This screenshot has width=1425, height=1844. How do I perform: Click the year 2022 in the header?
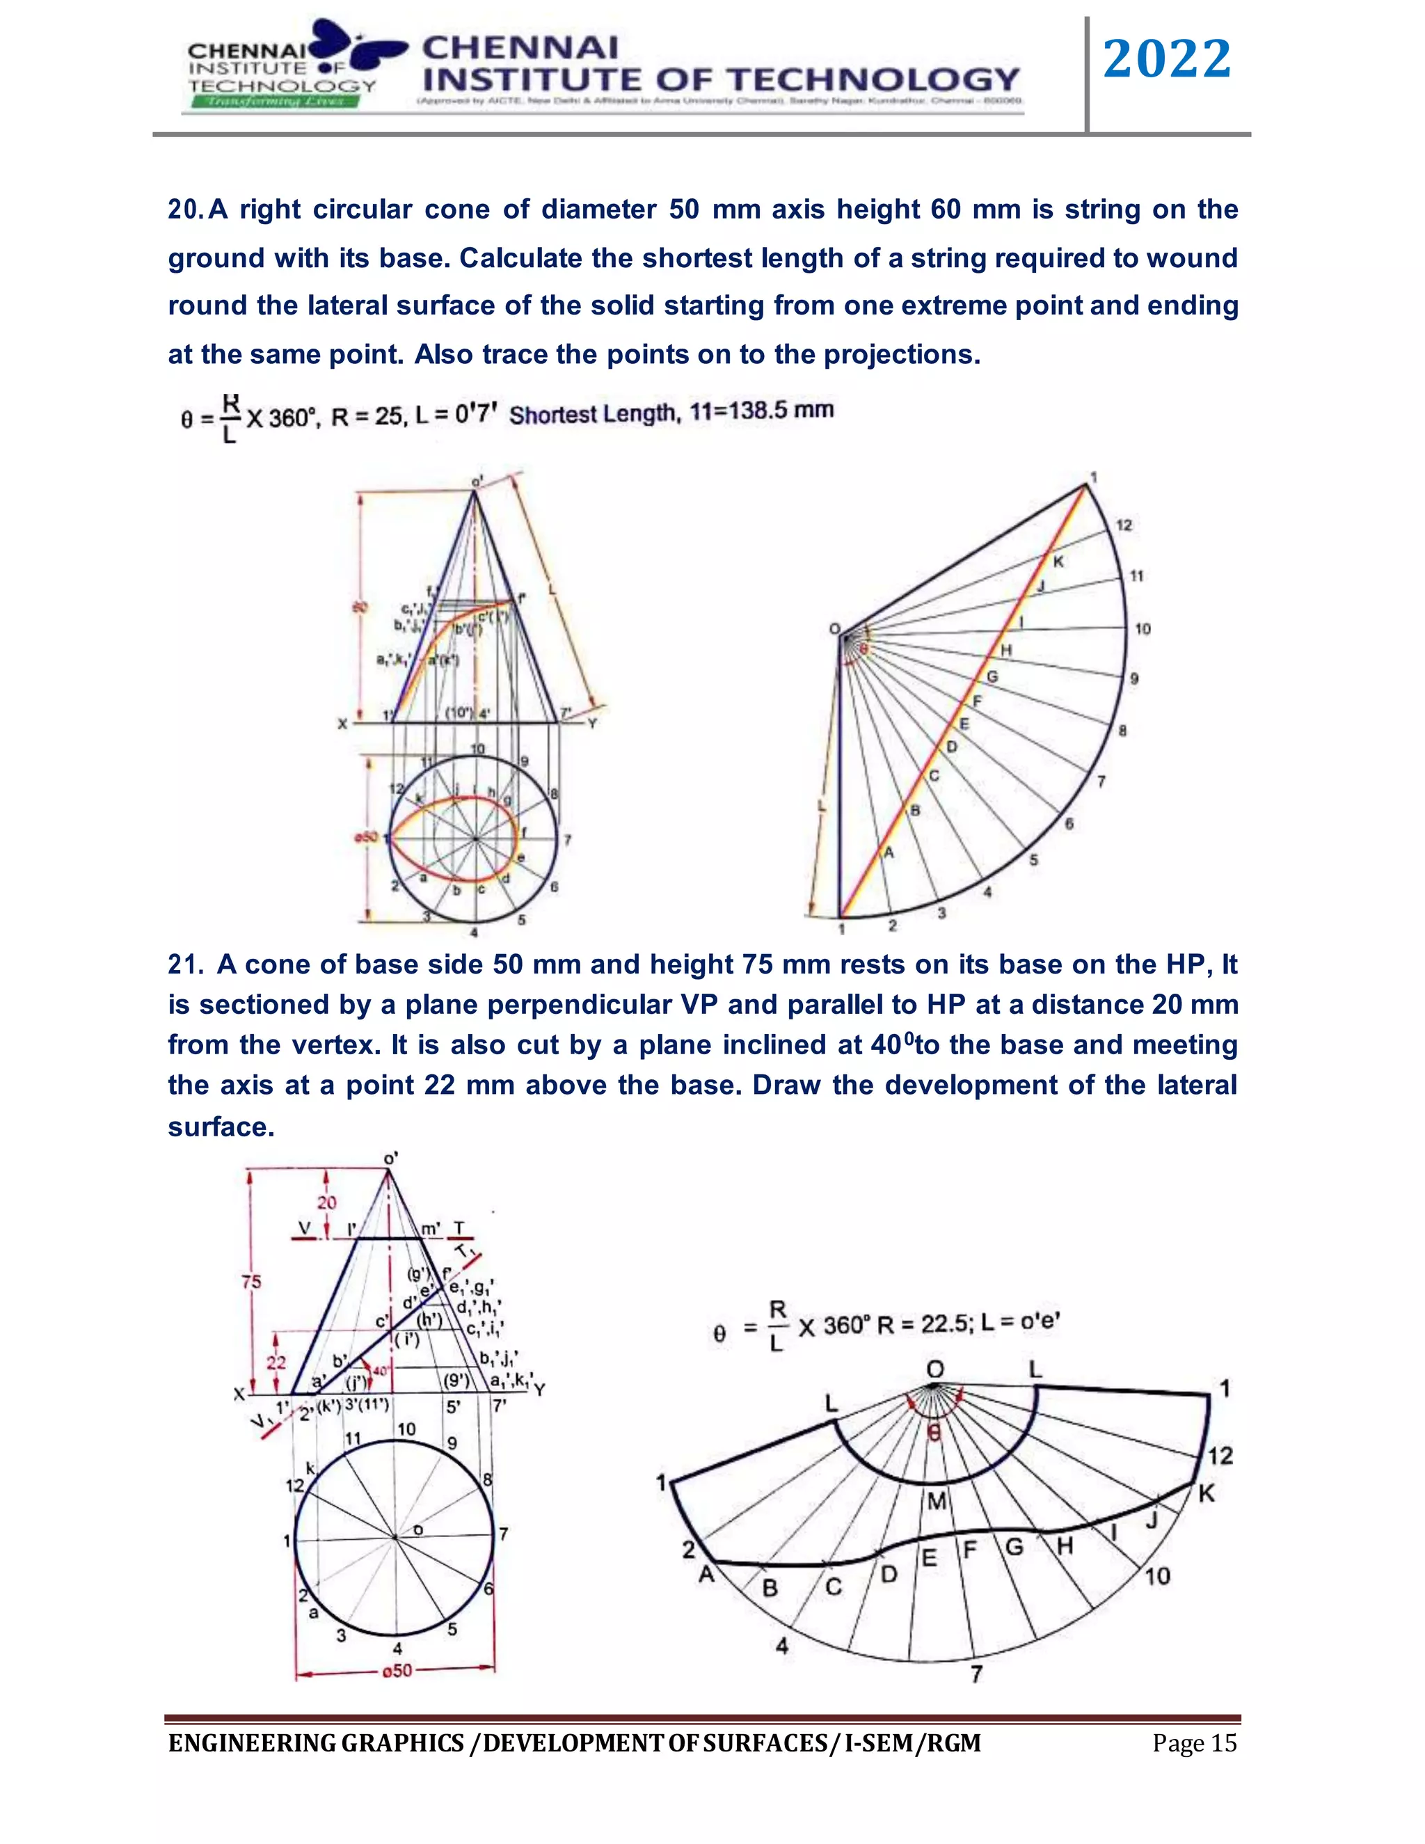pos(1167,59)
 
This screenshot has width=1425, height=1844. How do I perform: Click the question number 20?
pos(183,209)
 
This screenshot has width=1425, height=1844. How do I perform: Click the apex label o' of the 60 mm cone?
pos(477,482)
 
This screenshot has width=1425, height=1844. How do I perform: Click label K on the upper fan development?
pos(1058,562)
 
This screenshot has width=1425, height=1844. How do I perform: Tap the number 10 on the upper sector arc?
pos(1143,629)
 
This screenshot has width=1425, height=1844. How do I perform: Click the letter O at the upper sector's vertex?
pos(834,629)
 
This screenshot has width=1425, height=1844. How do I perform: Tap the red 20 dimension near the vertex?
pos(327,1202)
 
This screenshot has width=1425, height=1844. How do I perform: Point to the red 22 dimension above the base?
pos(276,1362)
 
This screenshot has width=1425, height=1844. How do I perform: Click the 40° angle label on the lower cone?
pos(379,1370)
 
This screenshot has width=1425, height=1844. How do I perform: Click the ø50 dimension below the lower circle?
pos(397,1670)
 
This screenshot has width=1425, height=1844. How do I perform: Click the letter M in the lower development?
pos(937,1501)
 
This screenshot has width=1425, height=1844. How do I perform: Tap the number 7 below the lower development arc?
pos(976,1673)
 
